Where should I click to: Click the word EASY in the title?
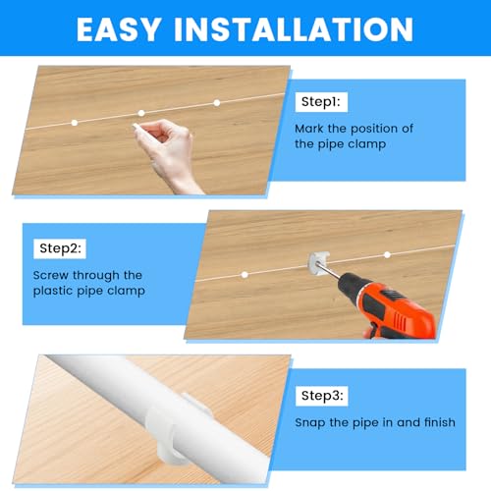(123, 28)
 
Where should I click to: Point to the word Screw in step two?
(52, 276)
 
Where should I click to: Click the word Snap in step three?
(311, 423)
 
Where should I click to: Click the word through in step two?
(101, 276)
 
